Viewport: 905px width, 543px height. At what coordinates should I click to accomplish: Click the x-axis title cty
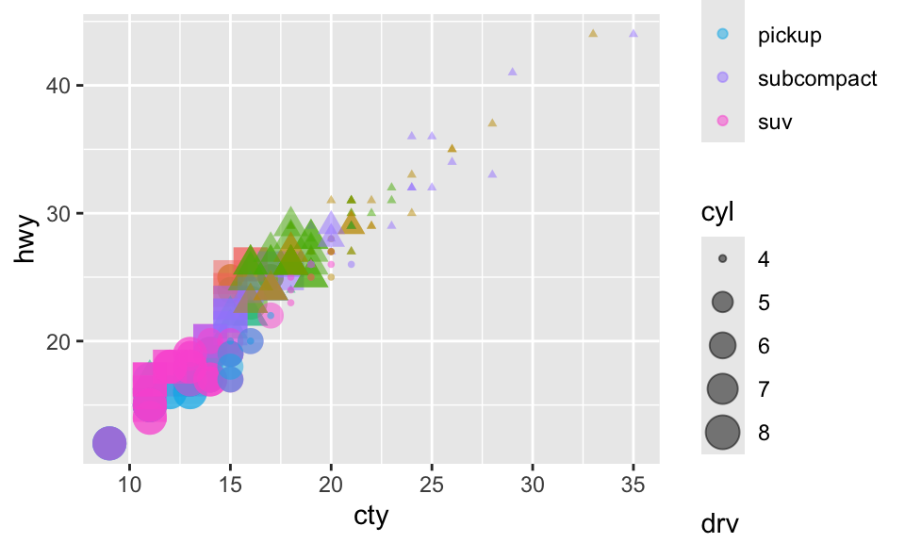pos(370,517)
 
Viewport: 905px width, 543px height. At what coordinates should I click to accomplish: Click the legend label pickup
pos(790,36)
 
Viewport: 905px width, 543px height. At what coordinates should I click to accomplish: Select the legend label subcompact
pos(817,78)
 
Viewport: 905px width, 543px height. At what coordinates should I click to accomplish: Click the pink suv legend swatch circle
pos(723,121)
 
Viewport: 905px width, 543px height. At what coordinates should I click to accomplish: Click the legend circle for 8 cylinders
pos(723,433)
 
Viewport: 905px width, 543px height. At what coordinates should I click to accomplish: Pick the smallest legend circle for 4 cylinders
pos(723,258)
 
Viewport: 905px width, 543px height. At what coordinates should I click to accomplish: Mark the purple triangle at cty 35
pos(633,34)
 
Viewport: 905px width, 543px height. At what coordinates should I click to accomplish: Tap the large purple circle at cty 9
pos(109,442)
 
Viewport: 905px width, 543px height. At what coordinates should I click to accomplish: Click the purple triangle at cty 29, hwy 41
pos(513,72)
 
